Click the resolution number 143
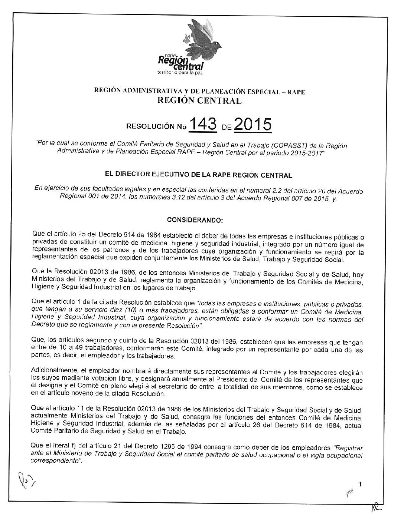[x=203, y=125]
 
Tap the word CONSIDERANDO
[x=195, y=221]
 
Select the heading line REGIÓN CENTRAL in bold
[x=200, y=100]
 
